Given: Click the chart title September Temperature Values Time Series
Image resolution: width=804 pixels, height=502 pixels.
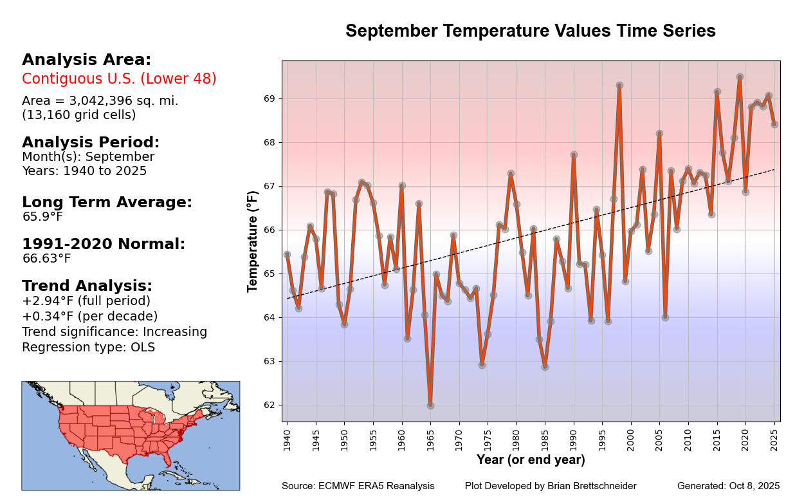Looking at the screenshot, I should point(530,32).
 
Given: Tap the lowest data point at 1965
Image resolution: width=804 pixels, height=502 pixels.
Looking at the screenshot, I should point(430,405).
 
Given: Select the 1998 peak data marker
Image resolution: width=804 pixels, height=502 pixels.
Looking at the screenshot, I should point(619,85).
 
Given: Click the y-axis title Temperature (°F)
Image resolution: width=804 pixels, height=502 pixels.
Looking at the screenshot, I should point(253,241).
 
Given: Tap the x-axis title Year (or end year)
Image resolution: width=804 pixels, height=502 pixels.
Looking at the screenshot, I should point(531,460).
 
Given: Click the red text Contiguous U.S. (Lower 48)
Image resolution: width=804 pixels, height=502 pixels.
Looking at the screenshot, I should point(119,79).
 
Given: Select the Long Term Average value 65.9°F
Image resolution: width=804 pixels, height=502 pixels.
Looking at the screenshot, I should point(42,217).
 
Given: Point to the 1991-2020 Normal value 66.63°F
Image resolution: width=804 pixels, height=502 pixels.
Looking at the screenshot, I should point(46,259).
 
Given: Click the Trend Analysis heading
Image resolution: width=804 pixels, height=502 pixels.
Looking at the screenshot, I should point(87,286).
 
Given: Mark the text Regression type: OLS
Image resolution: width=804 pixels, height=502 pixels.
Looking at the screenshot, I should point(88,348).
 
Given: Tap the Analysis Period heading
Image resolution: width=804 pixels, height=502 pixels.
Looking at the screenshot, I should point(91,143).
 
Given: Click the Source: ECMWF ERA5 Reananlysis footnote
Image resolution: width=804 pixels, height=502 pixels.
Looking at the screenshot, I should point(358,486).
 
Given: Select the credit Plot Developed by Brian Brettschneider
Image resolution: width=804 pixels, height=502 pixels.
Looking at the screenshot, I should point(551,486).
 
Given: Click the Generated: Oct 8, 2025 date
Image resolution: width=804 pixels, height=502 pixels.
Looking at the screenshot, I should point(728,486).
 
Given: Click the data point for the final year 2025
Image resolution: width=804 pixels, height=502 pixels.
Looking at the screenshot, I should point(774,124).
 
